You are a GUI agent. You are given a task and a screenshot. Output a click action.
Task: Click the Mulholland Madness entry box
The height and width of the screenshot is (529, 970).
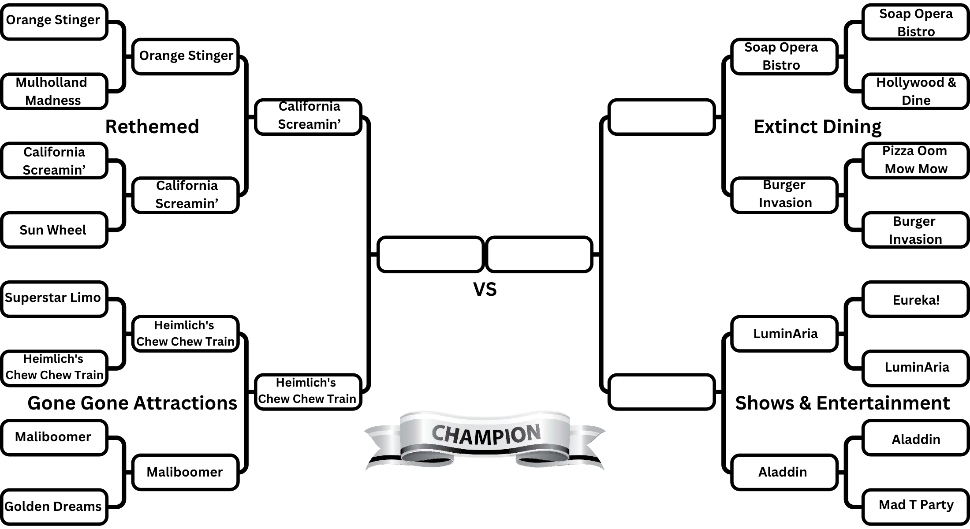click(x=54, y=91)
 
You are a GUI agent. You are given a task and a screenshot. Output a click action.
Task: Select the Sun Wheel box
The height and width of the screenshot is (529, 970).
click(x=54, y=230)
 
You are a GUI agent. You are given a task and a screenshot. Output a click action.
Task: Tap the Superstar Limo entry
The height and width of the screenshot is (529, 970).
click(x=54, y=298)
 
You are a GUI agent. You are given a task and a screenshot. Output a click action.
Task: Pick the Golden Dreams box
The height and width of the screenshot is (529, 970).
click(x=54, y=507)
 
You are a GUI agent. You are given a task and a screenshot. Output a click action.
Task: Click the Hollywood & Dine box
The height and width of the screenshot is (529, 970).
click(x=915, y=91)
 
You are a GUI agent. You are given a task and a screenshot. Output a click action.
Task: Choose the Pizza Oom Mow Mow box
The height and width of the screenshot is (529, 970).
click(x=915, y=160)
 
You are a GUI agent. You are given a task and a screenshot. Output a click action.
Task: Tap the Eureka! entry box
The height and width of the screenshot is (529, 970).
click(x=915, y=300)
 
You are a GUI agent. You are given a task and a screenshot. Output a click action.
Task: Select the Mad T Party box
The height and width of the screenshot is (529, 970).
click(x=915, y=505)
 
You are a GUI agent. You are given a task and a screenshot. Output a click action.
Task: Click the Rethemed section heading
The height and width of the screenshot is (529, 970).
click(x=152, y=127)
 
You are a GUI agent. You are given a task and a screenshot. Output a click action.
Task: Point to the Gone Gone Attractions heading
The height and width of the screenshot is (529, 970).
click(x=132, y=403)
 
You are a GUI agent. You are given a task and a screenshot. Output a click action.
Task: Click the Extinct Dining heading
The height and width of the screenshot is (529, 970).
click(x=817, y=127)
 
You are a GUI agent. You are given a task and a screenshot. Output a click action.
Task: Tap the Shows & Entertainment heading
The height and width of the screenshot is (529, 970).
click(x=842, y=403)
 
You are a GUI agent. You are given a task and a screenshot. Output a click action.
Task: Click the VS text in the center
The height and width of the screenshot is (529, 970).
click(x=485, y=290)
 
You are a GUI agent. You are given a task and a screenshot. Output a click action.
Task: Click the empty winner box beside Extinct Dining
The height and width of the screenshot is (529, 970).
click(x=661, y=117)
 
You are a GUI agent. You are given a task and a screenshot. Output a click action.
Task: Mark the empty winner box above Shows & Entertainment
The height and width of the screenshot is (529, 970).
click(x=661, y=392)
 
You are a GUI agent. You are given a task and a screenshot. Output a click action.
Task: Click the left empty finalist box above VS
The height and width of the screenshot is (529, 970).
click(x=430, y=254)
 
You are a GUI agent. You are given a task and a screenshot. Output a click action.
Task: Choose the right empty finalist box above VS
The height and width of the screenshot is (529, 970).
click(x=539, y=254)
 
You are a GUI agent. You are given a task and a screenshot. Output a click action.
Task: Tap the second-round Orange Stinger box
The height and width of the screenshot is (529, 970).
click(x=186, y=56)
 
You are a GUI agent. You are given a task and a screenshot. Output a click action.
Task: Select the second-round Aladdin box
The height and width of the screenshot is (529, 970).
click(x=784, y=472)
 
